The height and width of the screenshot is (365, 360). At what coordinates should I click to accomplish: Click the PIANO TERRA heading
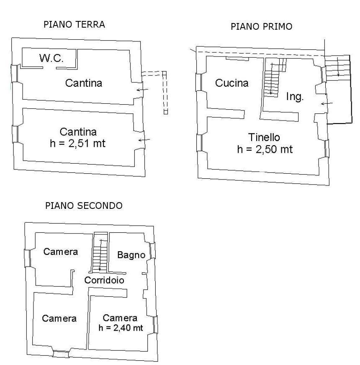(74, 25)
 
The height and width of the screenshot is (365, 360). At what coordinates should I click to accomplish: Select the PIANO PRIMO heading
(261, 27)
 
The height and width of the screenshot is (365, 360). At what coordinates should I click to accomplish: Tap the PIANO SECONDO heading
(84, 206)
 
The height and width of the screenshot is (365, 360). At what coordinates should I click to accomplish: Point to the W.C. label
(51, 59)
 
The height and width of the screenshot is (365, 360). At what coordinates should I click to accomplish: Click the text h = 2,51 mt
(77, 144)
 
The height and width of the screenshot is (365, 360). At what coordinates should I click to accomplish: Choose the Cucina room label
(231, 83)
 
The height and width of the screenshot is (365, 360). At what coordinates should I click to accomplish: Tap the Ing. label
(295, 97)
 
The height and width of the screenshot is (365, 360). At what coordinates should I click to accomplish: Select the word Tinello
(264, 137)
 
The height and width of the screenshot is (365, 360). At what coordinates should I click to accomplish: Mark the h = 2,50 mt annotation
(265, 149)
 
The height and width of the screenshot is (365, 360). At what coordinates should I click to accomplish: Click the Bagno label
(131, 254)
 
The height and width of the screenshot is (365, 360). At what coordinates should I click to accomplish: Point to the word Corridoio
(104, 280)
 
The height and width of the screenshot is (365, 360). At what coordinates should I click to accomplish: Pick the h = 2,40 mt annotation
(121, 328)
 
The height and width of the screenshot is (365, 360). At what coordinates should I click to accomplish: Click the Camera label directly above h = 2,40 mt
(120, 318)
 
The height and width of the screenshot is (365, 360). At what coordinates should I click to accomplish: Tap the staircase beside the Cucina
(271, 80)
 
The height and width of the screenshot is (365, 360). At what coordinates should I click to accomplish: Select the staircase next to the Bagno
(100, 255)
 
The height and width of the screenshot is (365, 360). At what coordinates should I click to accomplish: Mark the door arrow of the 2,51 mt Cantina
(144, 139)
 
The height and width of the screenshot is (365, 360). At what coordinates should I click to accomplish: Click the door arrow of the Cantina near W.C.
(142, 90)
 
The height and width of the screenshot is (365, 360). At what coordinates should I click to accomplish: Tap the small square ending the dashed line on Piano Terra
(166, 112)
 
